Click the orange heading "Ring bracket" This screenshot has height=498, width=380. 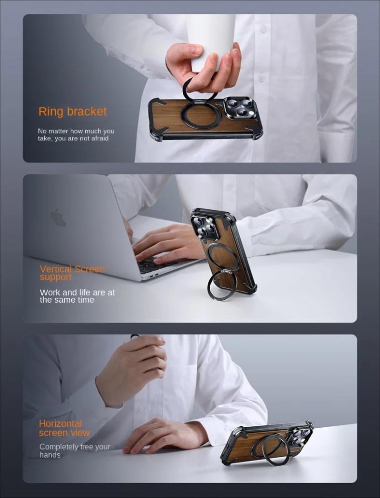(x=73, y=112)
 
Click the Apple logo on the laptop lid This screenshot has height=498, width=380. (x=58, y=218)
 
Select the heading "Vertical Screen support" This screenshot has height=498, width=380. (x=72, y=273)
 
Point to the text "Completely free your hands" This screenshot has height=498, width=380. (x=75, y=451)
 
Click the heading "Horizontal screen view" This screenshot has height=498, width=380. (x=64, y=428)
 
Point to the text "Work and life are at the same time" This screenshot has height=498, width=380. (x=77, y=296)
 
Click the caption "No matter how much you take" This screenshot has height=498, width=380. (x=76, y=134)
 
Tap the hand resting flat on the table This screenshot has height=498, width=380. (x=165, y=435)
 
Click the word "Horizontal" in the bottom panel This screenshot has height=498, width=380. (x=60, y=423)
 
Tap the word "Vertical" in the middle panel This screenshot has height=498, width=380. (x=56, y=269)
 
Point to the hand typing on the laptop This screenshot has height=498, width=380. (x=166, y=244)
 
